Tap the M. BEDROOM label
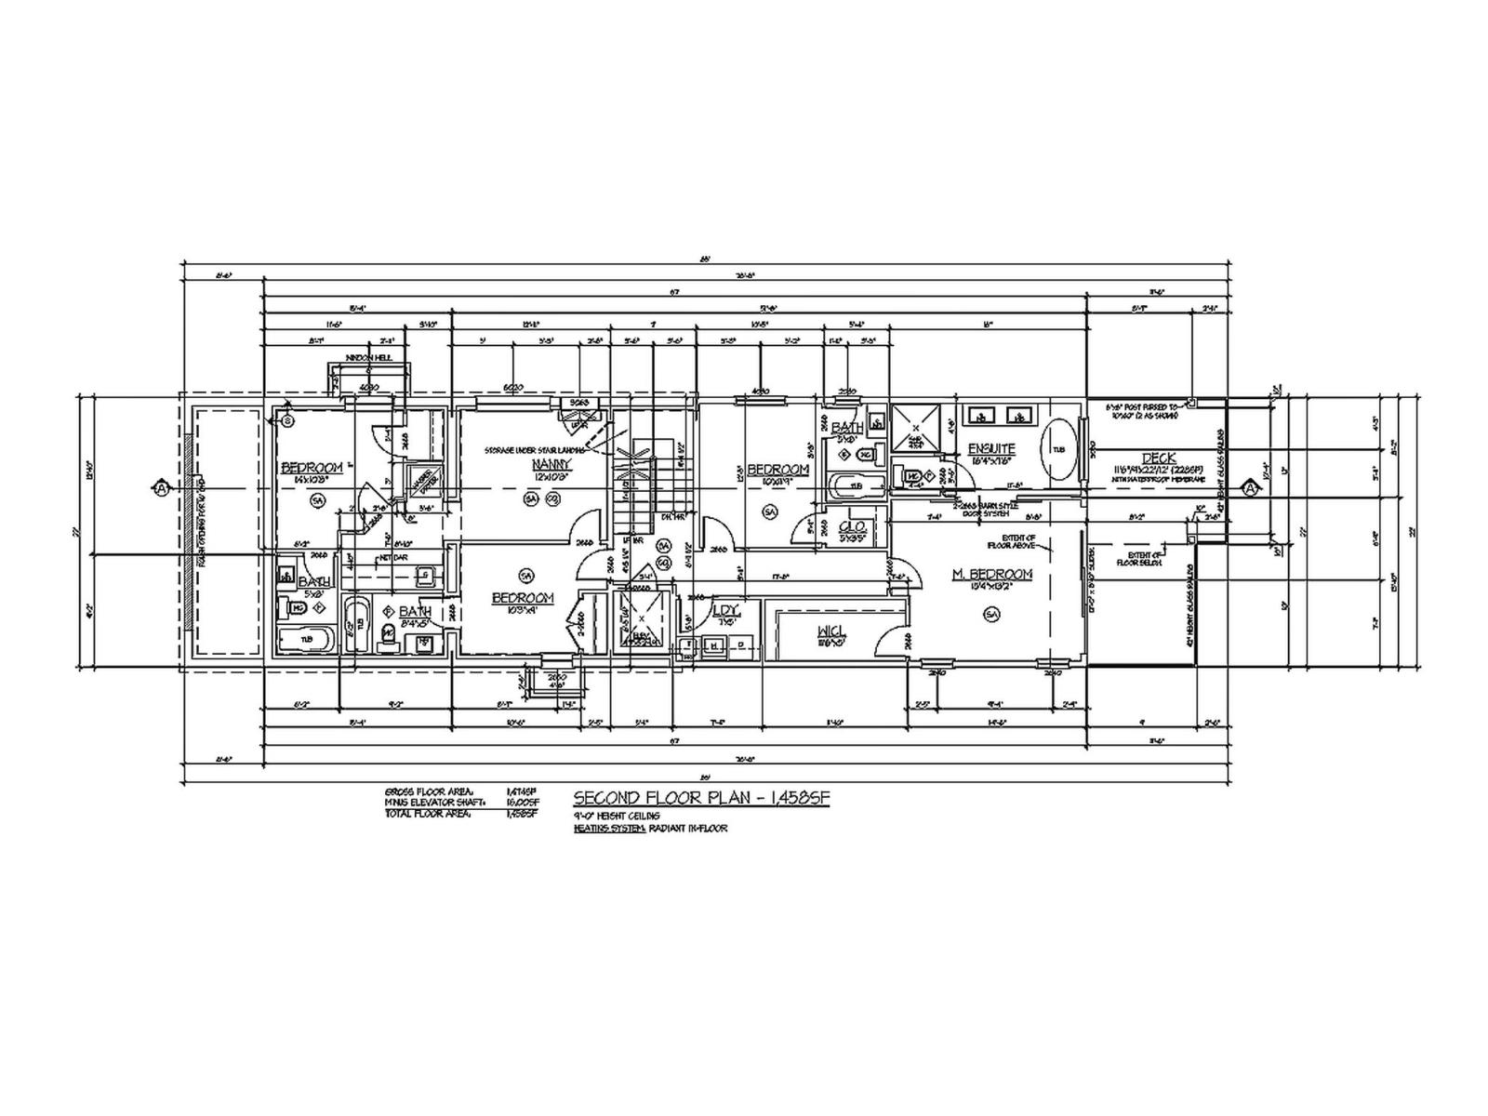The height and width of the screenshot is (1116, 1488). pos(992,575)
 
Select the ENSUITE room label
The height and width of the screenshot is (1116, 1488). pos(990,449)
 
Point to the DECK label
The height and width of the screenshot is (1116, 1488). pos(1160,458)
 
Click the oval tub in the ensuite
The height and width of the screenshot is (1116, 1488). pos(1059,450)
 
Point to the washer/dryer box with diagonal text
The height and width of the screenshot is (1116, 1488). pos(424,481)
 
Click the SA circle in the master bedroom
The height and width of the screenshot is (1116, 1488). pos(991,614)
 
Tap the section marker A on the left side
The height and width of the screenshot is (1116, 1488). pos(162,487)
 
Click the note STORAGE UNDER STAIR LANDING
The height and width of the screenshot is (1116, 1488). pos(535,450)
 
